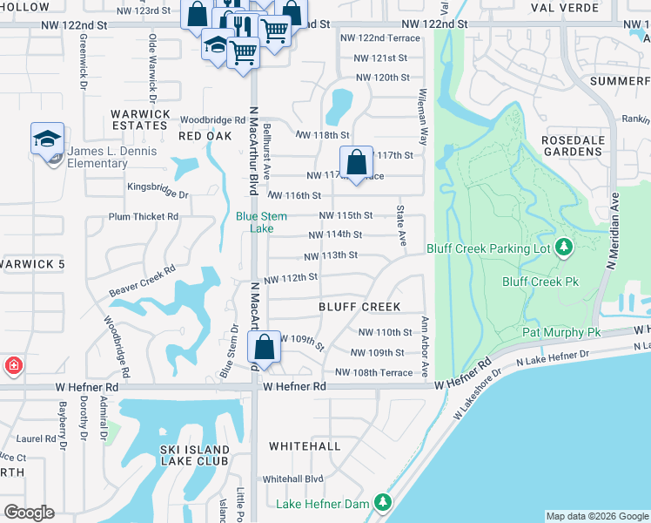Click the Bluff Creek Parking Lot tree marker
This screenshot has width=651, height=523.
click(564, 248)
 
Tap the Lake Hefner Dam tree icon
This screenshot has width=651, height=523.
click(382, 503)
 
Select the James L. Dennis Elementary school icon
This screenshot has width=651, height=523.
click(47, 139)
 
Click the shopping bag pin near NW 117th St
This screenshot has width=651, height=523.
click(356, 162)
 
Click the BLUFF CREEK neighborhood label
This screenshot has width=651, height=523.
click(359, 307)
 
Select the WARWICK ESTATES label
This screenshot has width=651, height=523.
click(139, 119)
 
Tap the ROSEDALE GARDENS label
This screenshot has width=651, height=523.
click(571, 146)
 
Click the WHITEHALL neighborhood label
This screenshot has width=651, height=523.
click(305, 445)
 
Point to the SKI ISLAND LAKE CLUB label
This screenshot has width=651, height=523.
click(195, 456)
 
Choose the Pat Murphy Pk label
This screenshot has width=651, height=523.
click(561, 333)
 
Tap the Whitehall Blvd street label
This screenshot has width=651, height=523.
click(293, 479)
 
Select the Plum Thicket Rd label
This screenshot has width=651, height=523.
click(143, 216)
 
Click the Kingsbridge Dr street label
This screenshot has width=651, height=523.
click(158, 186)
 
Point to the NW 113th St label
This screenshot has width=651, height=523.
click(331, 255)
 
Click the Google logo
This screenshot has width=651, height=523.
click(29, 512)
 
